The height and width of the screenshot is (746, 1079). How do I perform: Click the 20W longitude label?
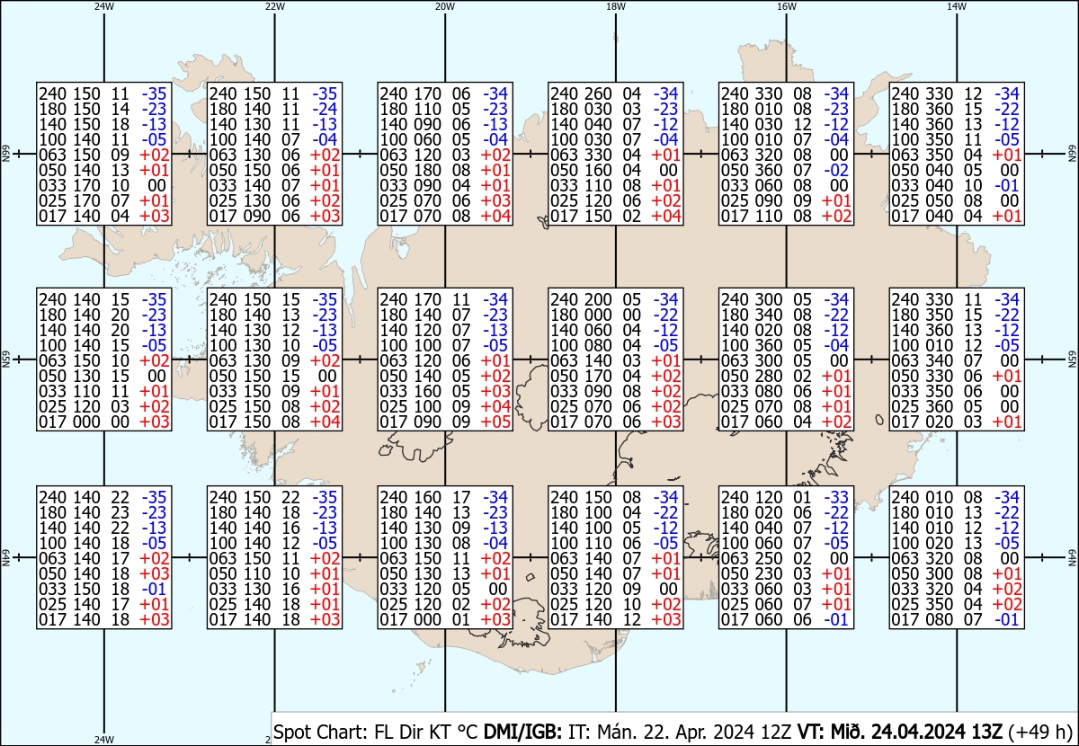444,6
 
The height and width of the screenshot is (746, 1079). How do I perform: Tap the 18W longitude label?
616,6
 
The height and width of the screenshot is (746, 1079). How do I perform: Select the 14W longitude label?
957,6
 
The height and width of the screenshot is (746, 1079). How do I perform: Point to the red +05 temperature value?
494,422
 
